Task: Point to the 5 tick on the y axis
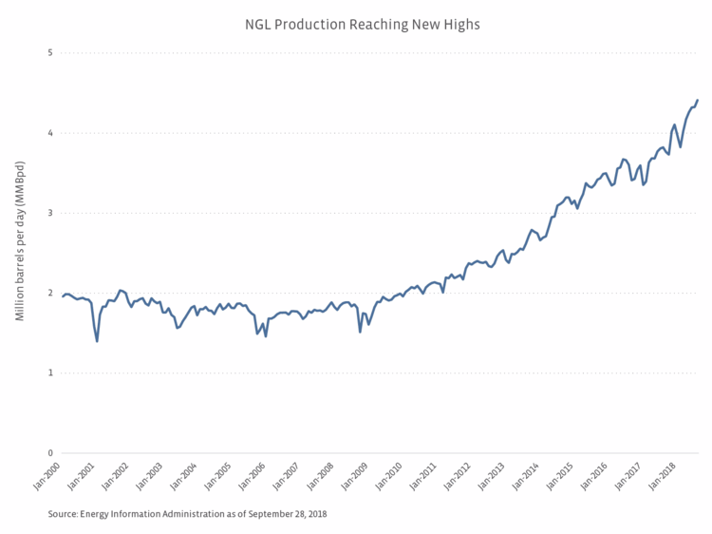pos(49,52)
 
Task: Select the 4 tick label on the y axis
pos(49,133)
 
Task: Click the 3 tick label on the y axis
pos(49,213)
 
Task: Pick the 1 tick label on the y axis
pos(49,372)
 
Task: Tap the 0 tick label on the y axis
pos(49,453)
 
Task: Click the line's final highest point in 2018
pos(698,100)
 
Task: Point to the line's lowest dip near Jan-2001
pos(97,341)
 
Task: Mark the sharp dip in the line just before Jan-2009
pos(360,332)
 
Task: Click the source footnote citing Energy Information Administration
pos(187,514)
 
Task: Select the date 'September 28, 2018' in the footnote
pos(286,514)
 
